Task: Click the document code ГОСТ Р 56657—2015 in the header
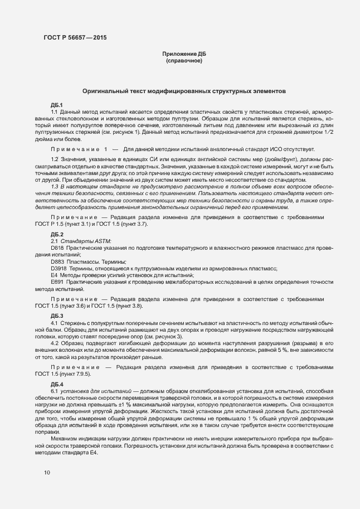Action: [x=75, y=37]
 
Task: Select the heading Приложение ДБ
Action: [x=183, y=54]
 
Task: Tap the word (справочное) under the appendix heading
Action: [x=183, y=60]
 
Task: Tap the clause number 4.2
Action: [x=55, y=343]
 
